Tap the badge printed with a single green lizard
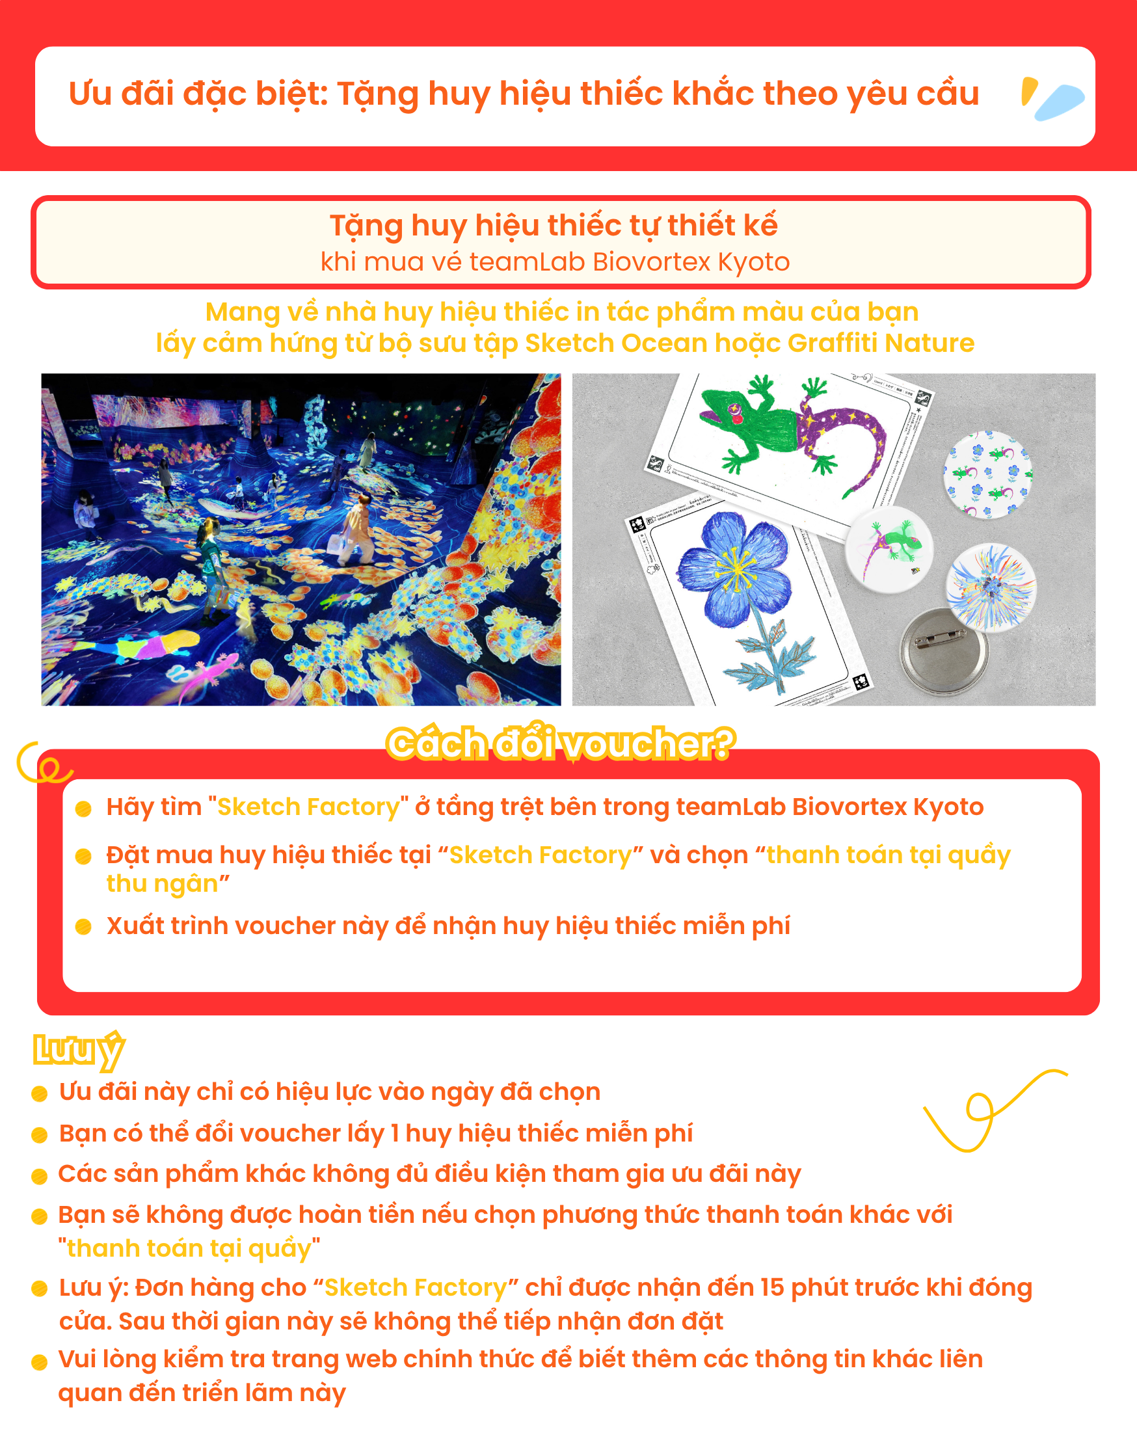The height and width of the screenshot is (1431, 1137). click(889, 548)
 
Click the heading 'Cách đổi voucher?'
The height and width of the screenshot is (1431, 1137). click(561, 743)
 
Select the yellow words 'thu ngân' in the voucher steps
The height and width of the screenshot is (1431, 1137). click(163, 883)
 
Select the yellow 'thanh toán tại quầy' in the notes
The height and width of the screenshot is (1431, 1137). click(189, 1248)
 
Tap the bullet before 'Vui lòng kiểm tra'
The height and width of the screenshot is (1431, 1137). click(40, 1363)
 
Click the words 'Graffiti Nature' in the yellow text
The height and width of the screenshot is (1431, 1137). click(881, 343)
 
